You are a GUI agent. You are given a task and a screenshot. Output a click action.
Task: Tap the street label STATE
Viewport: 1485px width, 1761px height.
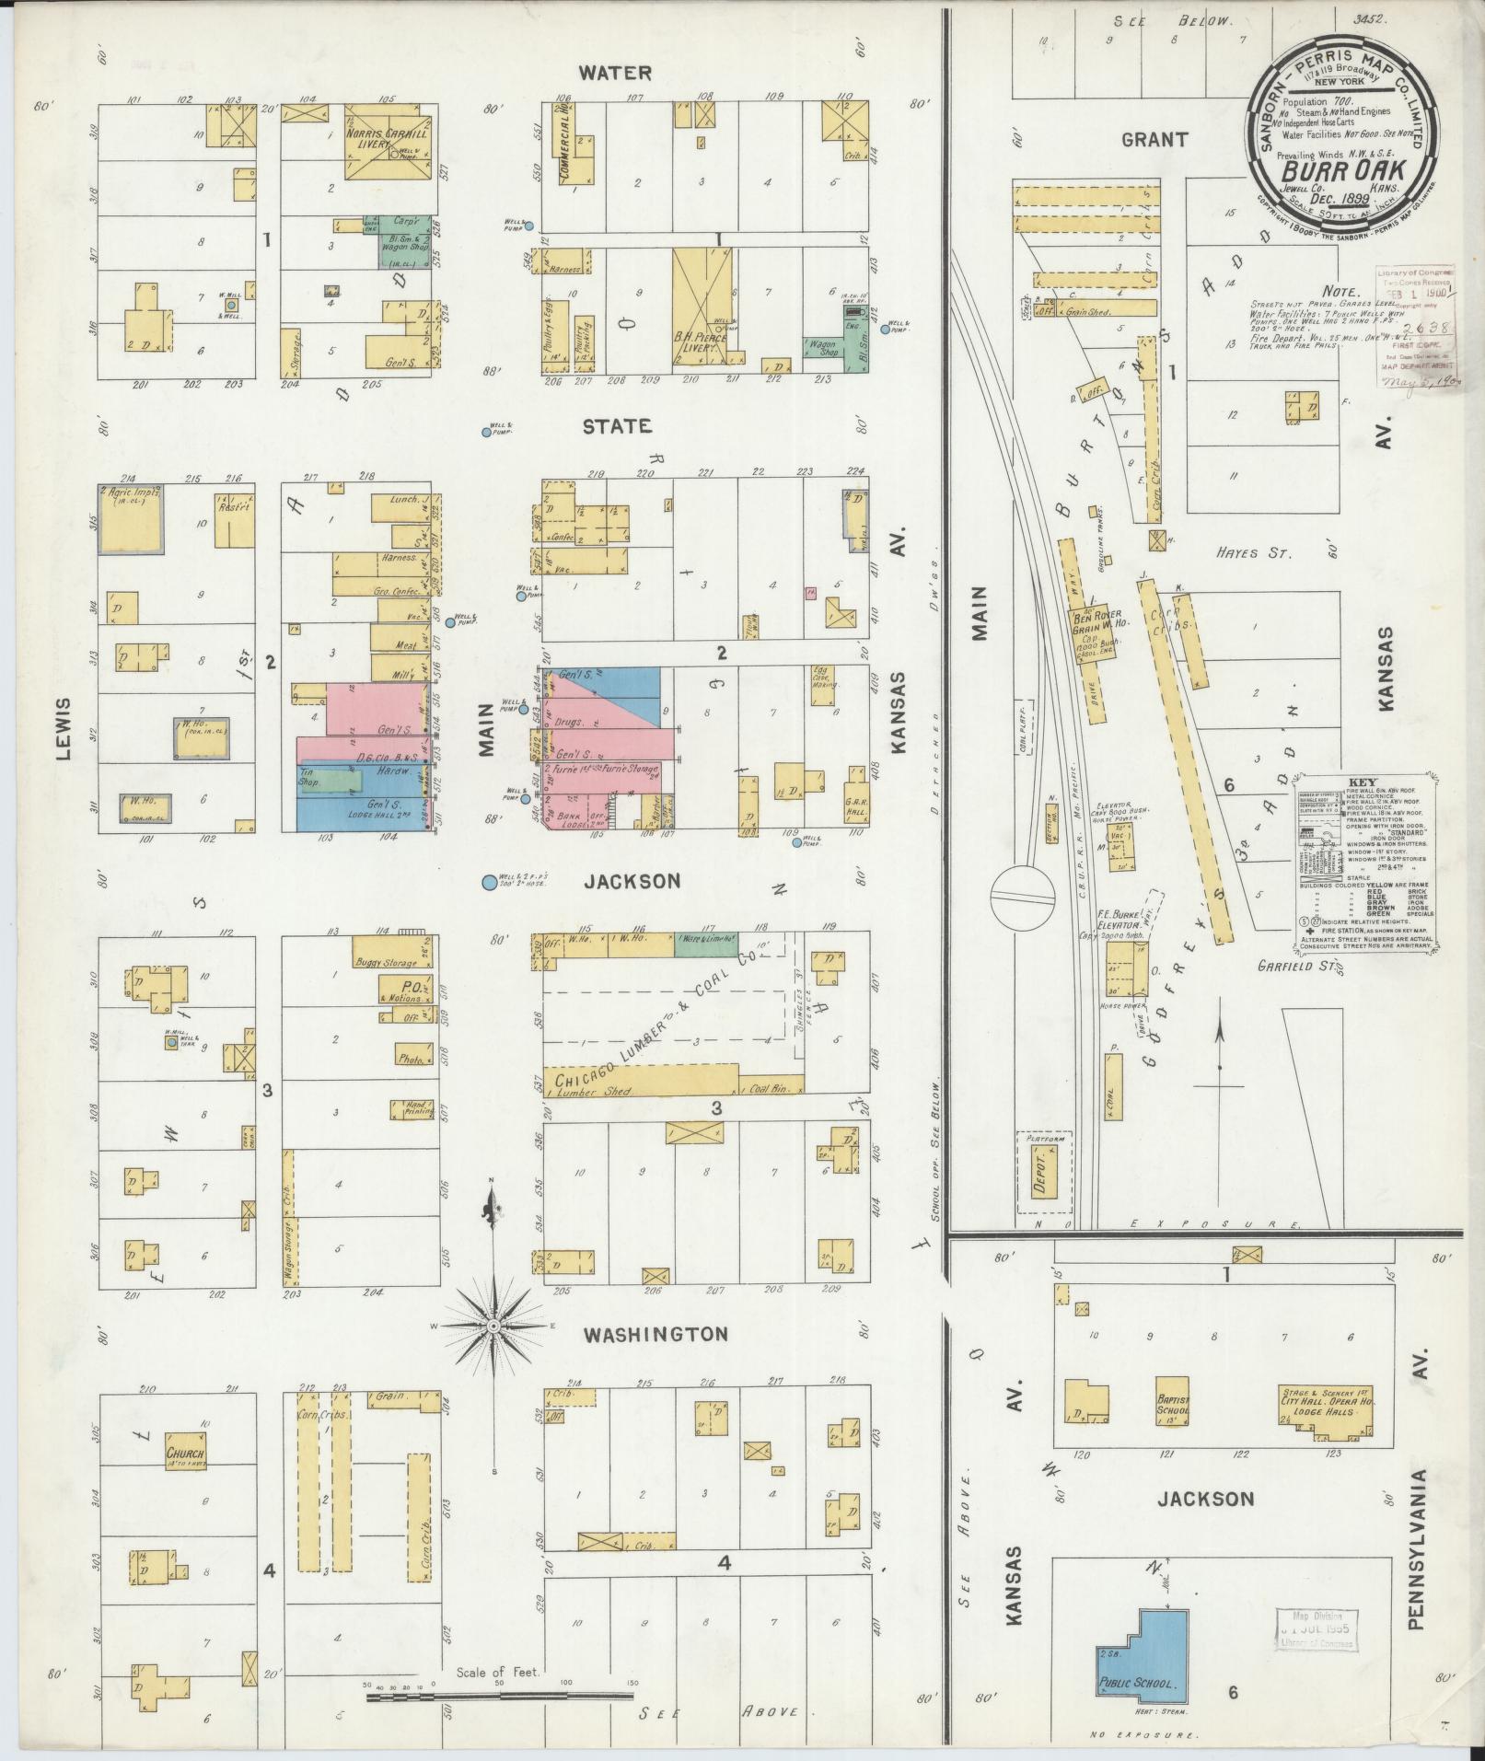pyautogui.click(x=617, y=426)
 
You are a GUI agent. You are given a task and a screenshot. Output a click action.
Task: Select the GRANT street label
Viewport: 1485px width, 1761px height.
pyautogui.click(x=1154, y=139)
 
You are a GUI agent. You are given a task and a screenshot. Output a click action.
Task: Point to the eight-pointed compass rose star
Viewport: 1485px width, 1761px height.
pyautogui.click(x=493, y=1325)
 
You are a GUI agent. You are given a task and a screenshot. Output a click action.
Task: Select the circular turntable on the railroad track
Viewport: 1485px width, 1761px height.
pyautogui.click(x=1023, y=894)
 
